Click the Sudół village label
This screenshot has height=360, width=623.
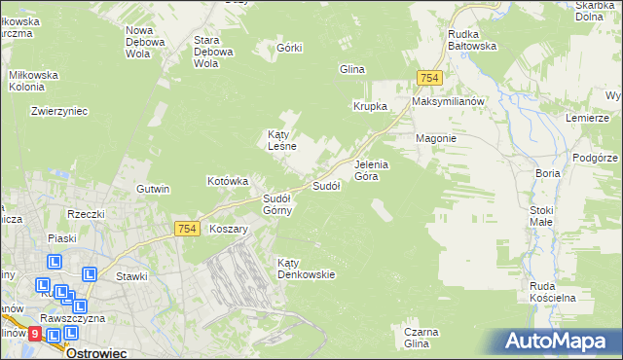325,186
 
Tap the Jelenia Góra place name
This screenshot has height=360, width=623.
372,170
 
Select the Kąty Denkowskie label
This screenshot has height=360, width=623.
306,269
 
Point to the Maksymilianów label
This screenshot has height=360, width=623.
448,102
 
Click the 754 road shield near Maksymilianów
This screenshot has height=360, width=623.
428,78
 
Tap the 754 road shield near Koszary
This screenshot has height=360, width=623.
188,229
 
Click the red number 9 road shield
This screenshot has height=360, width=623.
35,334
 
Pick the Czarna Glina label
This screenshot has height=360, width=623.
417,338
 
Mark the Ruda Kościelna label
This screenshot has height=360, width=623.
555,292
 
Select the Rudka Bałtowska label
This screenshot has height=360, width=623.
472,39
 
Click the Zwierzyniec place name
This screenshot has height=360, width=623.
59,111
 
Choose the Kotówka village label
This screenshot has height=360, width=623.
229,181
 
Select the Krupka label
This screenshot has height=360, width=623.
370,106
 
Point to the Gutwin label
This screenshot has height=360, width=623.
153,189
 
